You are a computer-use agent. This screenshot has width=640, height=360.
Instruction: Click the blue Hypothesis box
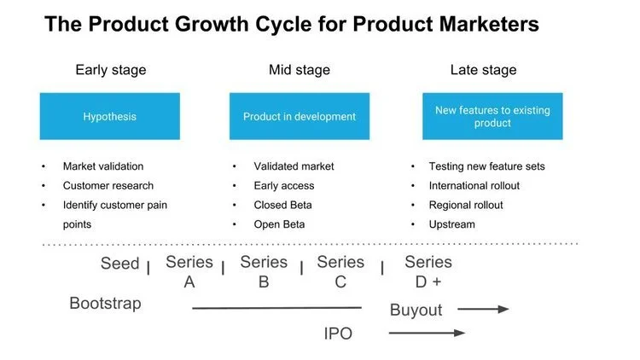pos(109,116)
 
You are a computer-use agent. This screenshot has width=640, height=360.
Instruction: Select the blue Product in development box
pos(299,116)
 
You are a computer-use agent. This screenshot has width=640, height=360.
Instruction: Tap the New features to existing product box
pos(492,116)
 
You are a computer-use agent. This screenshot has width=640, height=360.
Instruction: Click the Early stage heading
pos(109,70)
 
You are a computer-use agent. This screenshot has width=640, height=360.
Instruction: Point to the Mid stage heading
pos(299,70)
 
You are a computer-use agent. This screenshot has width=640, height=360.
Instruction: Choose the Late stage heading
pos(484,70)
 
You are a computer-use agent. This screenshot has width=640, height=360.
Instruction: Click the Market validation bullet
pos(102,166)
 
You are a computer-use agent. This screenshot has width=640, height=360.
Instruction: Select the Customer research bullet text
pos(108,186)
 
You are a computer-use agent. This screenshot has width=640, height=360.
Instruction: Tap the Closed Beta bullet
pos(282,205)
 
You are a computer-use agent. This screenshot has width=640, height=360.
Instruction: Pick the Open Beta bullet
pos(279,224)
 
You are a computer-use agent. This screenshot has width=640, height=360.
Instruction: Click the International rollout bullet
pos(474,186)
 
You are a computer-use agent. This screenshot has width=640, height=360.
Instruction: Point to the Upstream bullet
pos(452,224)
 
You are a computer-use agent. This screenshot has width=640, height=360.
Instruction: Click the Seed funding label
pos(119,264)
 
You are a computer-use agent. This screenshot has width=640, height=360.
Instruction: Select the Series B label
pos(264,272)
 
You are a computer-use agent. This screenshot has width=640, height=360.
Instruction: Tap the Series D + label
pos(428,272)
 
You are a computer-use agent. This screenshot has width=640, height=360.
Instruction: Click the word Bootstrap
pos(105,303)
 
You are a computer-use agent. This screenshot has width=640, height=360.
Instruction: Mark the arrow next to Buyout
pos(483,310)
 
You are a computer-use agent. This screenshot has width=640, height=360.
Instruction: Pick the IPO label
pos(338,334)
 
